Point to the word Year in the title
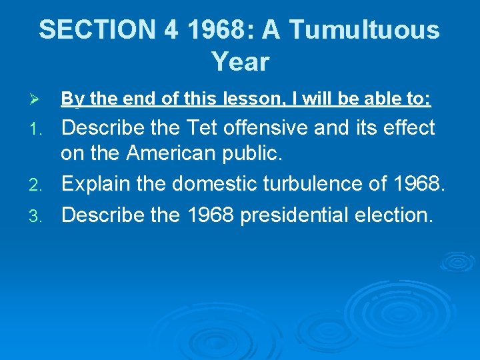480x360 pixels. [x=240, y=62]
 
